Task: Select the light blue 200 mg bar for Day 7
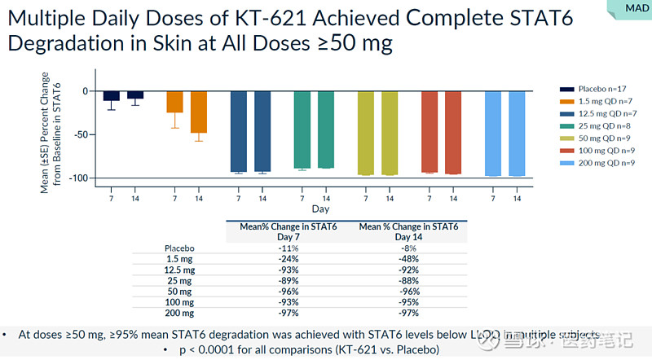pos(493,133)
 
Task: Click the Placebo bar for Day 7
pos(112,96)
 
